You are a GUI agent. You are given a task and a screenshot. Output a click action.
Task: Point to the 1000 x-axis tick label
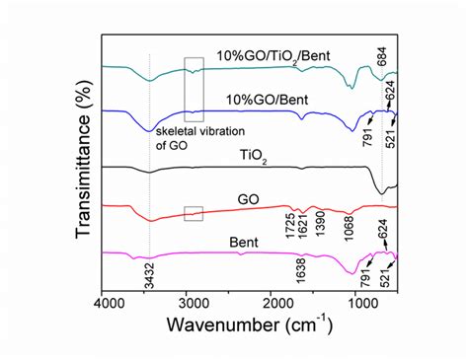[x=362, y=307]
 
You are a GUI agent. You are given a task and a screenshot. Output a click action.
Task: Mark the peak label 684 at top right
[x=381, y=58]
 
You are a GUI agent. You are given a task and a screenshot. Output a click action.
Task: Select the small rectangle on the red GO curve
[x=194, y=211]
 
